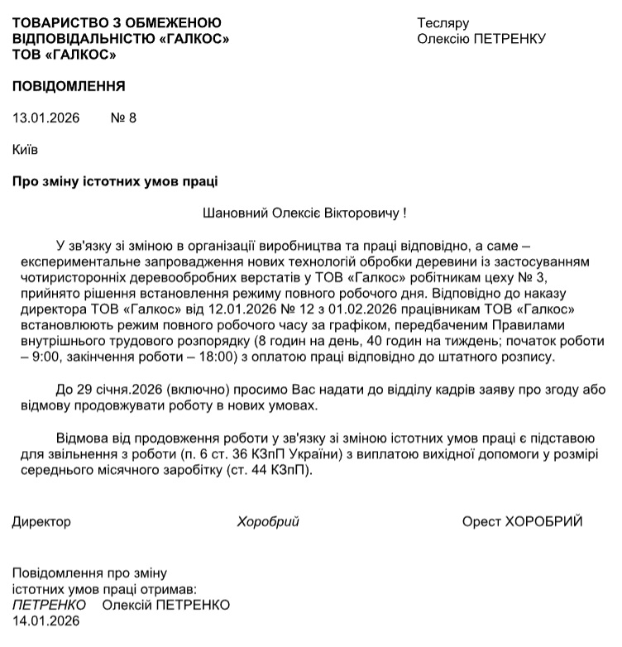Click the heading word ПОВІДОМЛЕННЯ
coord(69,85)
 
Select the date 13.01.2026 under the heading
coord(46,117)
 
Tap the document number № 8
coord(123,117)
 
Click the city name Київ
coord(26,150)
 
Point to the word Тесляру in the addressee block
coord(443,22)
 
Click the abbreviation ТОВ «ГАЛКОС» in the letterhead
coord(65,55)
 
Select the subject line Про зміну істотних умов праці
coord(116,181)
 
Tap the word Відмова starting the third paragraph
coord(83,438)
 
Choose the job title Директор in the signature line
coord(41,521)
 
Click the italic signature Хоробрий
coord(267,521)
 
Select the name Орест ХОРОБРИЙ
coord(523,521)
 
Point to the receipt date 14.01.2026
coord(46,621)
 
